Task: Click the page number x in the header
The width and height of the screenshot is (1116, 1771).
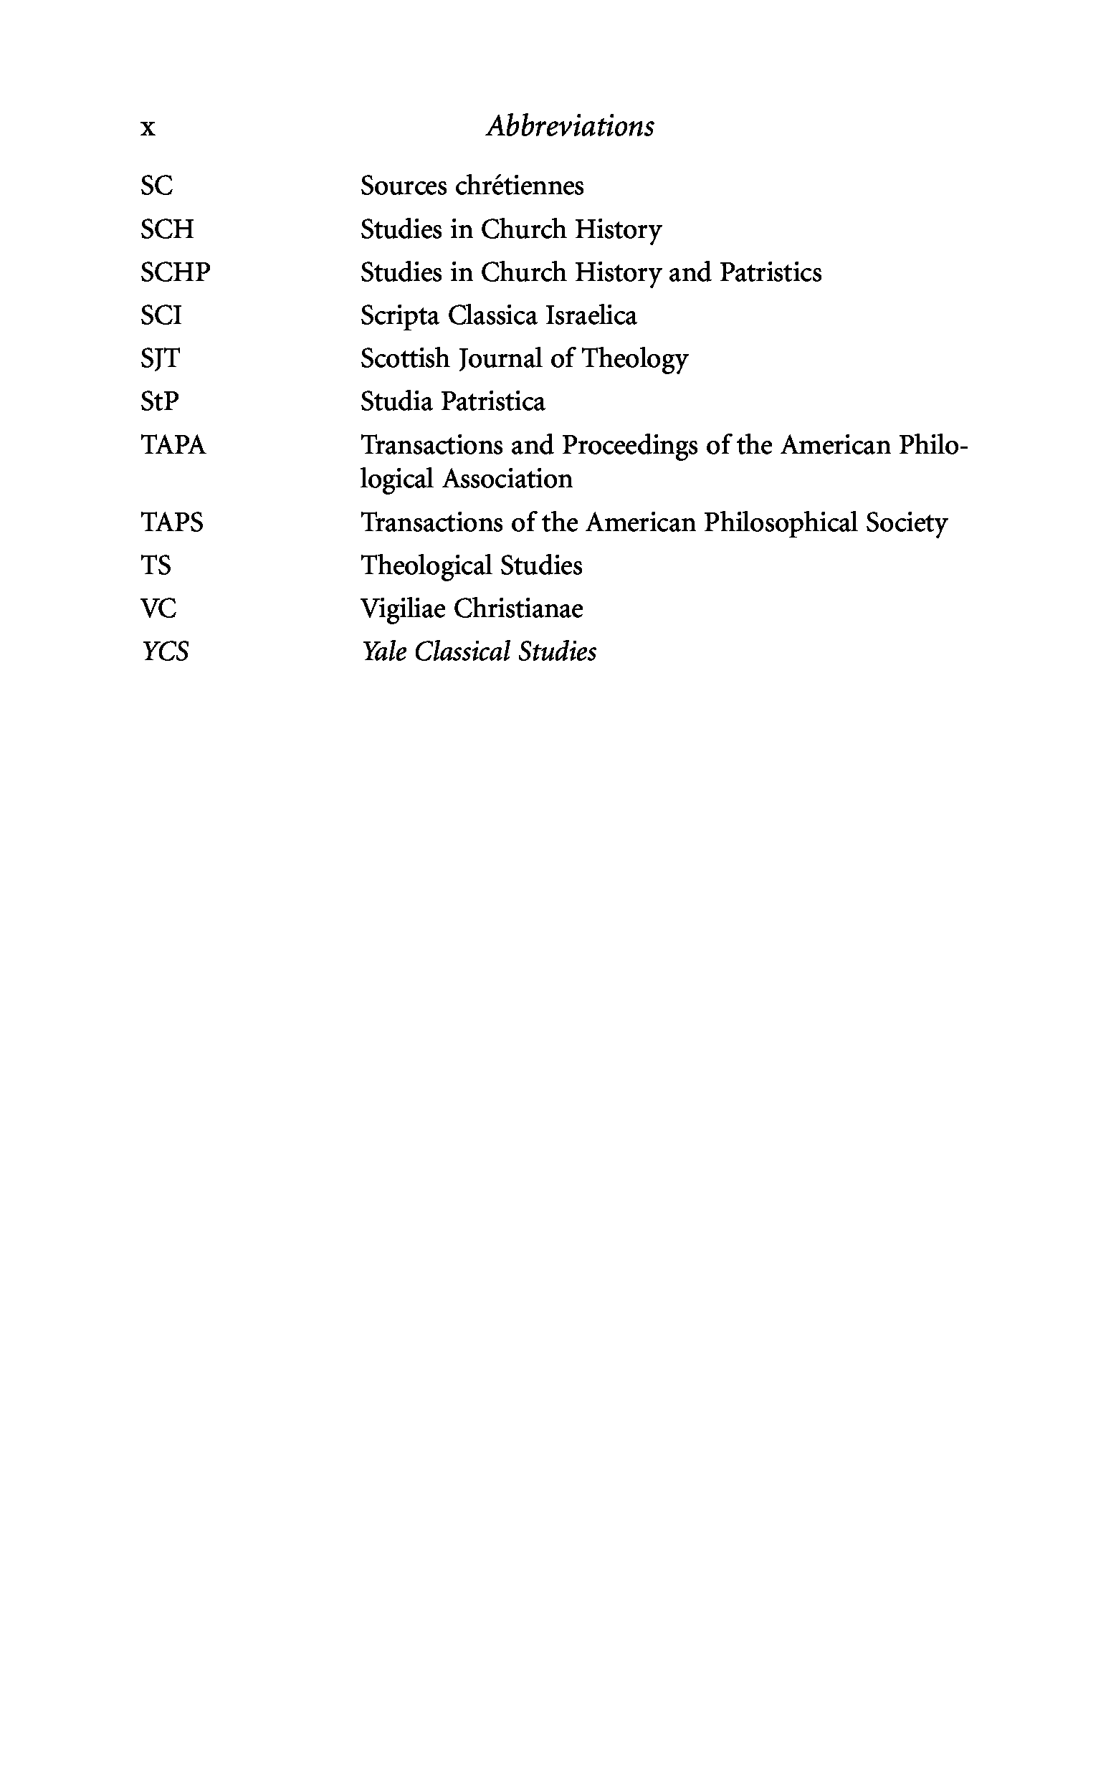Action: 148,128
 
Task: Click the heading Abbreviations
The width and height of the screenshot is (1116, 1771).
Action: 570,126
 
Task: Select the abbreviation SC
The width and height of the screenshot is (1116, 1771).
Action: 157,186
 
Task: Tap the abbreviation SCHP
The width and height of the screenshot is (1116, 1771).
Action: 175,272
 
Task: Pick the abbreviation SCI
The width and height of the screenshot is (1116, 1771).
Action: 161,315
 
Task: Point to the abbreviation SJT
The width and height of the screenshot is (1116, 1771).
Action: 160,359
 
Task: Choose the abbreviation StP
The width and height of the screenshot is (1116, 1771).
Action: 160,401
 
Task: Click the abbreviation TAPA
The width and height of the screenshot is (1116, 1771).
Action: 173,445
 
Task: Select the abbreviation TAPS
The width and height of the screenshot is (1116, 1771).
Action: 171,522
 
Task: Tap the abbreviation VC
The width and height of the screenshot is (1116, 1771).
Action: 158,608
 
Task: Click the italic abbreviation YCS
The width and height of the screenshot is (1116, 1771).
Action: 166,651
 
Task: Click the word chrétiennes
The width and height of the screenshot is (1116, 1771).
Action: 520,186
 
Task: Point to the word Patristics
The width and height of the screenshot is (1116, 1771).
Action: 771,272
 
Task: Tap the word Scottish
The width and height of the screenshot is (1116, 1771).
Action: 405,359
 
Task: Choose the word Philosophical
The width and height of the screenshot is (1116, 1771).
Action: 781,523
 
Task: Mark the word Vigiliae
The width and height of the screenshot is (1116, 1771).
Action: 403,609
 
